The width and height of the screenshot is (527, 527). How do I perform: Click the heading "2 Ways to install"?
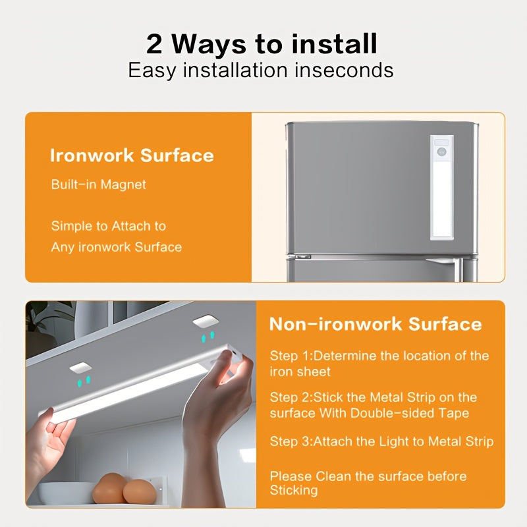click(262, 43)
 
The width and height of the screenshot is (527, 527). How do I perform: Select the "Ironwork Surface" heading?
click(132, 155)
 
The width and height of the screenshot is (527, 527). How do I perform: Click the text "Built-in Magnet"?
click(98, 184)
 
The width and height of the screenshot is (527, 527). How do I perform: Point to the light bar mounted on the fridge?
click(442, 188)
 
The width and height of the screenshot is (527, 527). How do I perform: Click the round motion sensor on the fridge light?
click(441, 152)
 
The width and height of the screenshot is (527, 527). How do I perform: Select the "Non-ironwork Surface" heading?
click(375, 324)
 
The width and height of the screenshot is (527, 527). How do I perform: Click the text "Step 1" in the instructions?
click(289, 356)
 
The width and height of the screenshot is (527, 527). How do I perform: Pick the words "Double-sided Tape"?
click(409, 413)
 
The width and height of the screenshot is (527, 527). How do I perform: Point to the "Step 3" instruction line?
click(381, 441)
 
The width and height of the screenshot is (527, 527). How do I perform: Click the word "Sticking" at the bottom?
click(294, 490)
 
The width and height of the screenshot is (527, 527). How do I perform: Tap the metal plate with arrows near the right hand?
click(206, 321)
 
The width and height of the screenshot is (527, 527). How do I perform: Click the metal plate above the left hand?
click(80, 368)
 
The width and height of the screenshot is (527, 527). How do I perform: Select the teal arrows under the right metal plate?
click(208, 337)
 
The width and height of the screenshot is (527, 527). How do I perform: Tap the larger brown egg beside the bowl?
click(110, 488)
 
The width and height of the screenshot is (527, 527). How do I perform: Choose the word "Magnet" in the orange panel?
click(123, 184)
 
